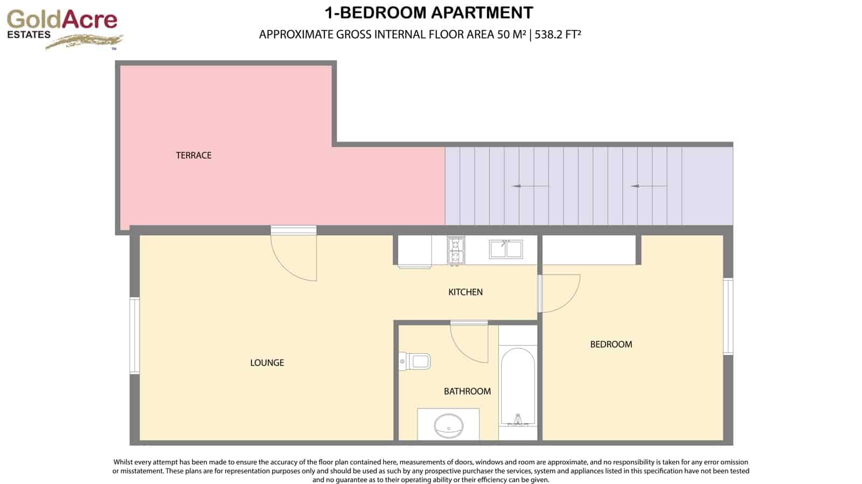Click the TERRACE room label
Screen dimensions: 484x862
(193, 156)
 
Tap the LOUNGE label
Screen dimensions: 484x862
(267, 363)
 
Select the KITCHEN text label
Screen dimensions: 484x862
(465, 292)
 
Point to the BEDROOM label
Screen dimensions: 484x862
(611, 345)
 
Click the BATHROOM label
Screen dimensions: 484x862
(467, 391)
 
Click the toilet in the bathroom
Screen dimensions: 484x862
(415, 361)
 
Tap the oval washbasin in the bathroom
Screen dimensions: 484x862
(448, 425)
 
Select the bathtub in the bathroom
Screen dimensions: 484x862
(518, 385)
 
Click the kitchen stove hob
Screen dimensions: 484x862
(456, 251)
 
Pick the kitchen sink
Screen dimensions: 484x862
(505, 249)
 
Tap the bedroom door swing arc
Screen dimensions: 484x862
(560, 293)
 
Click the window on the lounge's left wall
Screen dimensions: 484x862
(134, 335)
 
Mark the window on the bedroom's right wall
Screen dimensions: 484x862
(728, 316)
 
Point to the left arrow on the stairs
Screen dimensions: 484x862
(530, 186)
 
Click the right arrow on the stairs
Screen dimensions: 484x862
(649, 186)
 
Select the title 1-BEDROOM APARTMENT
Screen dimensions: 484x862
(429, 12)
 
